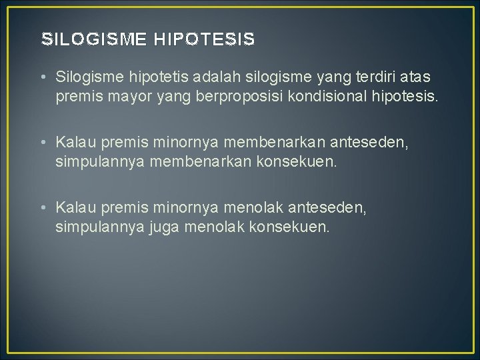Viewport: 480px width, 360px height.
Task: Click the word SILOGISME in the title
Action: [x=94, y=40]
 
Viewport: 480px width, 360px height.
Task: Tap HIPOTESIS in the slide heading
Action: [x=205, y=40]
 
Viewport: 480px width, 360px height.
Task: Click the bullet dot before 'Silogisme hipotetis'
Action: [x=43, y=80]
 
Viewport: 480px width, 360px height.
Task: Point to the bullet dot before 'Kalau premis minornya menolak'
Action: [x=43, y=209]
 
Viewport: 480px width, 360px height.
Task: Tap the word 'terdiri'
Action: [x=365, y=80]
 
